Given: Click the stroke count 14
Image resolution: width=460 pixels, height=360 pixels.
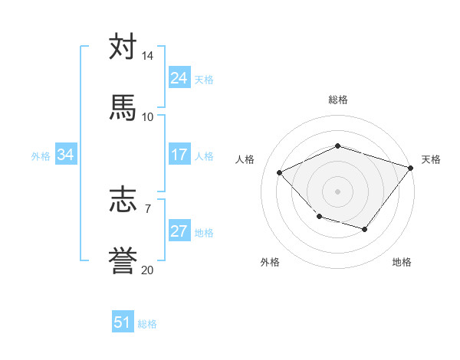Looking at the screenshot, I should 147,56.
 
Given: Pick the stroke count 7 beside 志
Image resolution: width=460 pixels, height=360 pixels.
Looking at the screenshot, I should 148,208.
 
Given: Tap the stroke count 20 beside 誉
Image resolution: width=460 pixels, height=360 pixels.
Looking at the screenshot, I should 147,269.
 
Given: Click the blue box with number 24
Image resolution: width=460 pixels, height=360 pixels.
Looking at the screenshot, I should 179,78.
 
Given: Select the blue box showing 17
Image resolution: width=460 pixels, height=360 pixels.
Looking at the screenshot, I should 179,155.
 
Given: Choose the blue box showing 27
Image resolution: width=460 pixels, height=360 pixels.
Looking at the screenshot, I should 179,231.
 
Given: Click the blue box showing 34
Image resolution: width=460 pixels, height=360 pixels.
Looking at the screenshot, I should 65,155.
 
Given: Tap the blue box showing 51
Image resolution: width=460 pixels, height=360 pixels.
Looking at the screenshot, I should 123,322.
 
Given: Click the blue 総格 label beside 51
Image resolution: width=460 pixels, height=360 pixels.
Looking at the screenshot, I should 147,324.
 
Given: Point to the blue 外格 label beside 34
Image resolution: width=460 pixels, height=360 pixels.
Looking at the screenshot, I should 41,156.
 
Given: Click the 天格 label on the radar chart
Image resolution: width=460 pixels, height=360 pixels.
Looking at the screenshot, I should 431,159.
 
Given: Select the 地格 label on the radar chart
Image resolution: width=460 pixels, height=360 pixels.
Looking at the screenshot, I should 402,262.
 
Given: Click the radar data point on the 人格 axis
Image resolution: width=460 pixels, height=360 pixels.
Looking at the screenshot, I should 280,173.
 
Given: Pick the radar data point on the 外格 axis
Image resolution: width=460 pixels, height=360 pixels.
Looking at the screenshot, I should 319,218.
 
